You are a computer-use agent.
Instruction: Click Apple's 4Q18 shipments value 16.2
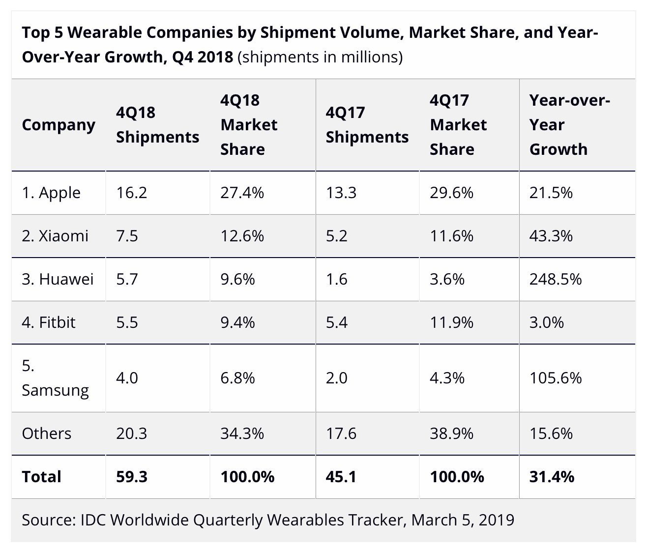pyautogui.click(x=131, y=193)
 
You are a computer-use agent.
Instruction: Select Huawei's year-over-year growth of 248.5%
pyautogui.click(x=555, y=279)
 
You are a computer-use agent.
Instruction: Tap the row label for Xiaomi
pyautogui.click(x=55, y=236)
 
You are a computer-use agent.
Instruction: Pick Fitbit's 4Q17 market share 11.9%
pyautogui.click(x=451, y=322)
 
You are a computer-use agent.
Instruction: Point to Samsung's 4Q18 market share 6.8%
pyautogui.click(x=237, y=378)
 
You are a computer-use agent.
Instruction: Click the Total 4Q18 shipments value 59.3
pyautogui.click(x=131, y=477)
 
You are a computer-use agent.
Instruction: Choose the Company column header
pyautogui.click(x=58, y=125)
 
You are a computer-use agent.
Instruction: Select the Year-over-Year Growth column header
pyautogui.click(x=569, y=125)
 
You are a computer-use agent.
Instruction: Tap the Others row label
pyautogui.click(x=47, y=434)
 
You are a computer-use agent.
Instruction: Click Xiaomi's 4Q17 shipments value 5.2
pyautogui.click(x=336, y=236)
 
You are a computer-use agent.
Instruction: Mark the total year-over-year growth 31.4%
pyautogui.click(x=552, y=477)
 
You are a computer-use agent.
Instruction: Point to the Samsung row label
pyautogui.click(x=55, y=378)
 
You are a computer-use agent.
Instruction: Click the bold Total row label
pyautogui.click(x=41, y=477)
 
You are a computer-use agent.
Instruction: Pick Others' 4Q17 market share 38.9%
pyautogui.click(x=451, y=434)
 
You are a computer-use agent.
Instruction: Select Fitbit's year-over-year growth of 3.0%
pyautogui.click(x=546, y=322)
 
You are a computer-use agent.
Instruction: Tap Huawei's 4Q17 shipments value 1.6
pyautogui.click(x=336, y=279)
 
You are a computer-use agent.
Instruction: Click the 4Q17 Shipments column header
pyautogui.click(x=367, y=125)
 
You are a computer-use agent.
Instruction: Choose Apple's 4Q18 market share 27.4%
pyautogui.click(x=242, y=193)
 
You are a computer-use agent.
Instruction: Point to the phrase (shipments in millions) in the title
pyautogui.click(x=320, y=58)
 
